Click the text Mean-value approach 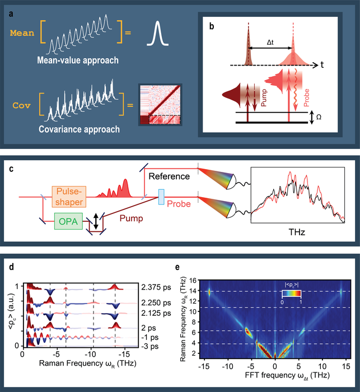click(75, 60)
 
